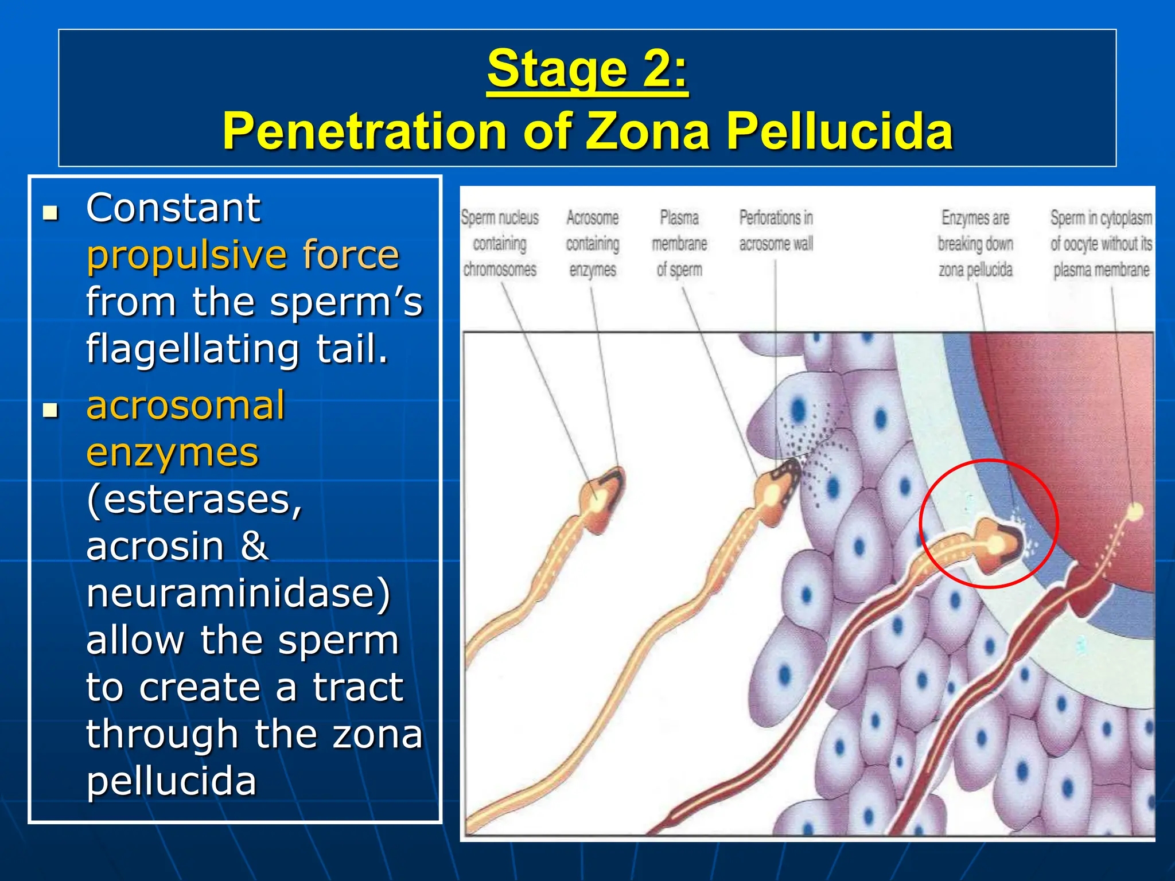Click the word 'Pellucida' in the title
(x=839, y=131)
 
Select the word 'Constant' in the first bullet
(x=173, y=208)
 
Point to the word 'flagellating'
(x=193, y=349)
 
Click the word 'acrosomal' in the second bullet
(x=185, y=406)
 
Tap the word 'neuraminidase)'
(x=238, y=593)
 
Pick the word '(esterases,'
(x=194, y=500)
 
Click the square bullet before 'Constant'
(x=51, y=213)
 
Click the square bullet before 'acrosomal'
(x=51, y=411)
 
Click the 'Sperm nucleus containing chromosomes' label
(x=500, y=244)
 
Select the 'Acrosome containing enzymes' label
(x=593, y=244)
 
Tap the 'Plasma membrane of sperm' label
(x=679, y=244)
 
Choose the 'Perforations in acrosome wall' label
(x=776, y=231)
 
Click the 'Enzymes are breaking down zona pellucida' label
(x=975, y=244)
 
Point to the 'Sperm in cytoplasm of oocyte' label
(x=1101, y=244)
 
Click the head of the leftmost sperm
(x=602, y=499)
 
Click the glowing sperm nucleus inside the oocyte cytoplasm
(x=1134, y=510)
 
